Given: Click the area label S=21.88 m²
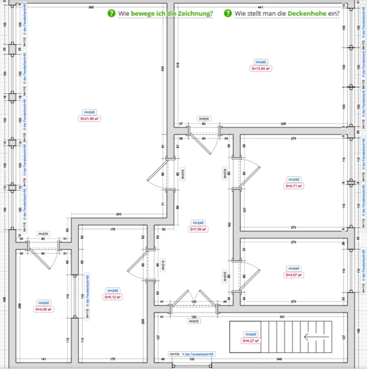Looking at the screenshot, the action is click(x=90, y=119).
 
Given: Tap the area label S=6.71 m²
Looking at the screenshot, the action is click(x=294, y=186).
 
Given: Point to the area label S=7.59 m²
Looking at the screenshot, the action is click(x=198, y=230).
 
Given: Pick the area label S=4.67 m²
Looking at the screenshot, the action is click(x=294, y=275).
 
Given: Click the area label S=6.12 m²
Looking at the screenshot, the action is click(x=113, y=297).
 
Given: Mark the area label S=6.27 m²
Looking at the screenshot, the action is click(x=251, y=341).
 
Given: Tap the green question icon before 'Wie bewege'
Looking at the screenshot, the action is click(x=112, y=13).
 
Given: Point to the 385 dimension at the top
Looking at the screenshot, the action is click(x=92, y=7).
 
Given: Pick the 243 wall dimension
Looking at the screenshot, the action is click(x=119, y=214).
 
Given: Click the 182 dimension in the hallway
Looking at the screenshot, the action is click(x=229, y=225).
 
